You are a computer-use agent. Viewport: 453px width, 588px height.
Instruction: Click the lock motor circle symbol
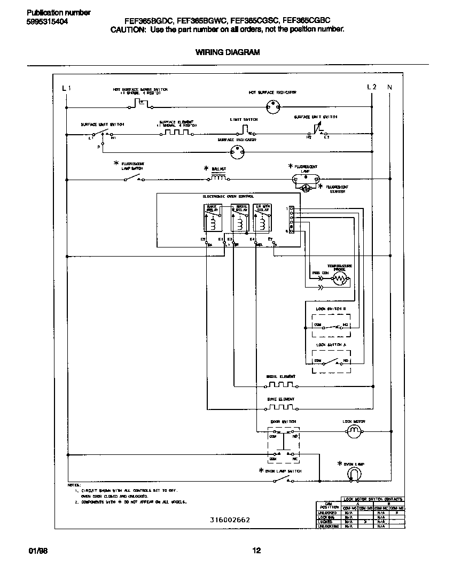click(354, 430)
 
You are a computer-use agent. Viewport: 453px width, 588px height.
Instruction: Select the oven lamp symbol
click(354, 474)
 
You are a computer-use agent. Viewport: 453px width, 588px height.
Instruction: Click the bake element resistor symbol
click(280, 407)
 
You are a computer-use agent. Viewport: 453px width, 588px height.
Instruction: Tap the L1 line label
click(66, 88)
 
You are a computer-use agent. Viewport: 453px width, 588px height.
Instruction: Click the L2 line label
click(372, 87)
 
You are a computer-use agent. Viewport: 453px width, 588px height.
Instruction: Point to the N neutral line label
click(389, 87)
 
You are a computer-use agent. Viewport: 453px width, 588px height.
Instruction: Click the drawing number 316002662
click(230, 520)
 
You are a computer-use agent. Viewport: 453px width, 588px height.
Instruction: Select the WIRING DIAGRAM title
click(227, 52)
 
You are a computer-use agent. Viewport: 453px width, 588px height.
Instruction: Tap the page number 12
click(256, 551)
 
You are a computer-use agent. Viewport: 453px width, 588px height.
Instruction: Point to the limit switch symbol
click(244, 129)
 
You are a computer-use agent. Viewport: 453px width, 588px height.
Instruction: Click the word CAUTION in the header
click(128, 30)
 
